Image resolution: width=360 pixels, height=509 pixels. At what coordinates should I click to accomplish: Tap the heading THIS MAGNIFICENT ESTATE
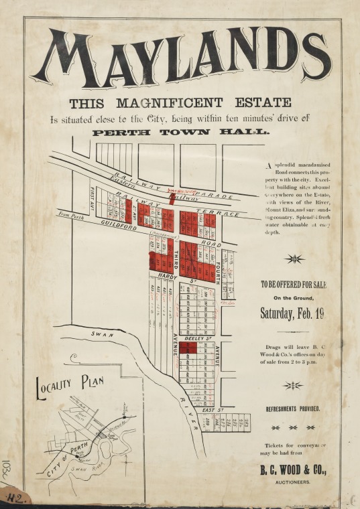click(x=180, y=103)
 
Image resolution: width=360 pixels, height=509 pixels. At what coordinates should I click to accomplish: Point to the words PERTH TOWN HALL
click(x=180, y=132)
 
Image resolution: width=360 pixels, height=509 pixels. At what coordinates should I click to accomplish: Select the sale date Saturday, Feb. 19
click(x=292, y=313)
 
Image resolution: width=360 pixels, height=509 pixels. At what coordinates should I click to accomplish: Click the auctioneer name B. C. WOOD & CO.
click(x=293, y=471)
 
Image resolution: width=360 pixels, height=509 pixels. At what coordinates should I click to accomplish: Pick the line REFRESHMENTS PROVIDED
click(x=293, y=409)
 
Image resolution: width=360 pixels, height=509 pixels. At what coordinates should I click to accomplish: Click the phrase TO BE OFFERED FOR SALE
click(x=292, y=285)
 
